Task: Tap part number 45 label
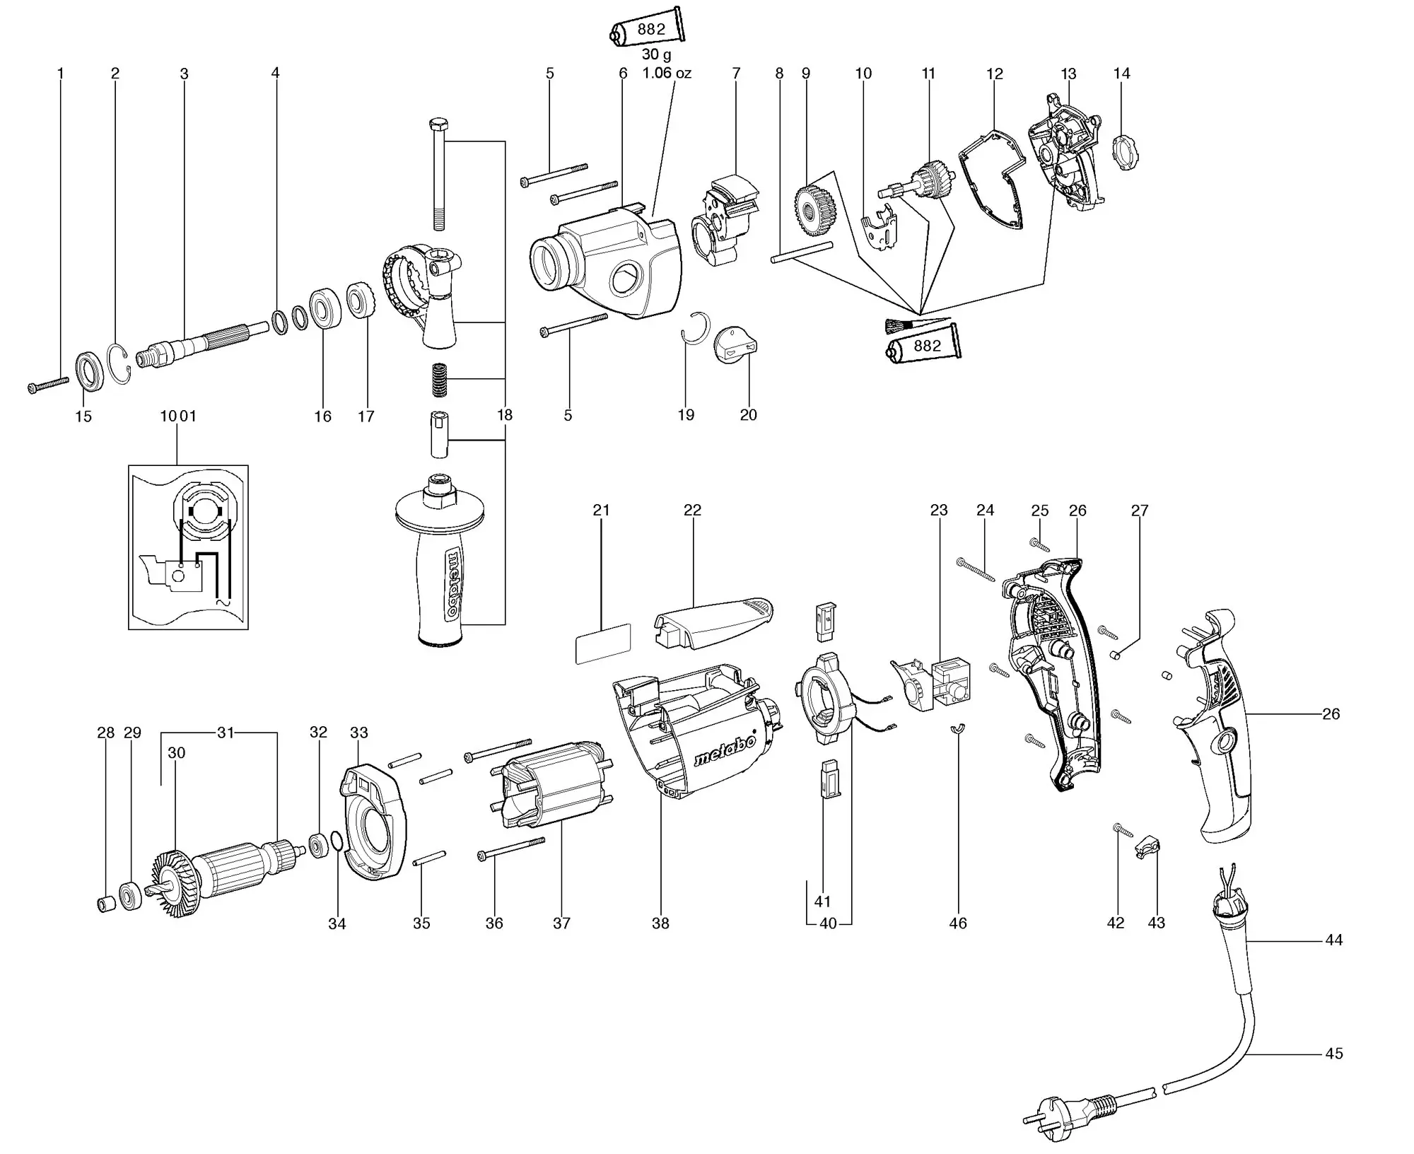tap(1333, 1073)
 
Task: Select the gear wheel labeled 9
tap(815, 209)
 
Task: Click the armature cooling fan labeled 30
tap(173, 884)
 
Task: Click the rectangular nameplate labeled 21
tap(603, 643)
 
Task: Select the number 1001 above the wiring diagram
tap(177, 416)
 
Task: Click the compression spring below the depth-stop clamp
tap(440, 380)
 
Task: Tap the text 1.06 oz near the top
tap(667, 73)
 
